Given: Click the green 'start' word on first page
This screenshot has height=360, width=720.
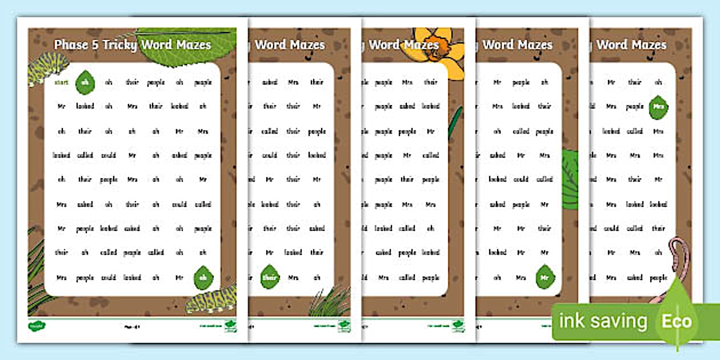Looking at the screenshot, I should pyautogui.click(x=61, y=82).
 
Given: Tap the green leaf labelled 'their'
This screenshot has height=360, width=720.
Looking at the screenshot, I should pyautogui.click(x=270, y=277).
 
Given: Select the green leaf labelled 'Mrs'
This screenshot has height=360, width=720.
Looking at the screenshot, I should pyautogui.click(x=658, y=107).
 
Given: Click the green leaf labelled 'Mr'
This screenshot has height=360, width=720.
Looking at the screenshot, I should pyautogui.click(x=545, y=277).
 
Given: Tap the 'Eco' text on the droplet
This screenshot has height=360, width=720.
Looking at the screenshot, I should pyautogui.click(x=677, y=321).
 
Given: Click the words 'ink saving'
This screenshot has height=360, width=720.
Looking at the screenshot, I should pyautogui.click(x=603, y=321).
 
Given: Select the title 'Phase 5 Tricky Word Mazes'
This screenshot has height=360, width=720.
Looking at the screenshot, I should pyautogui.click(x=133, y=45).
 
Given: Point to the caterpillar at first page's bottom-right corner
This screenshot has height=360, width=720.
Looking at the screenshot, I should pyautogui.click(x=209, y=299).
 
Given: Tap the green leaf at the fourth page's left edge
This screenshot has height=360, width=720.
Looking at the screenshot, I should pyautogui.click(x=569, y=177).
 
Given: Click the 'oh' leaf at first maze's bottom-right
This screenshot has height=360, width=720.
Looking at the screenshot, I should pyautogui.click(x=203, y=278).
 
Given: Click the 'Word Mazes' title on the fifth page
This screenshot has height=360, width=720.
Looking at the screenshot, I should pyautogui.click(x=631, y=45).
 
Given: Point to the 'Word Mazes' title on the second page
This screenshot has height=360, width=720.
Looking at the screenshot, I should pyautogui.click(x=289, y=45).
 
